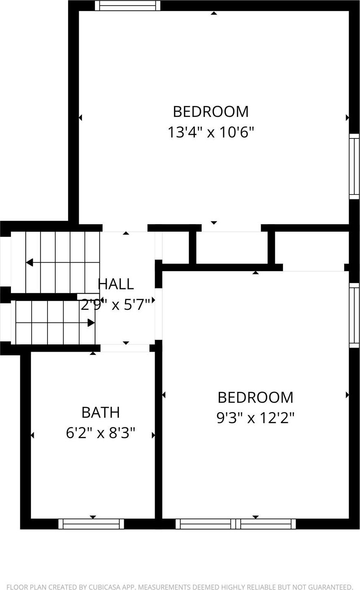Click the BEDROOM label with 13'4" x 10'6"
coord(211,112)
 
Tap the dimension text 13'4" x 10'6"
coord(211,132)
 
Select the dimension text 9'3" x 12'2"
coord(255,418)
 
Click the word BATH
coord(101,413)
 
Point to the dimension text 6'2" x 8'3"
coord(100,433)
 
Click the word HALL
coord(116,284)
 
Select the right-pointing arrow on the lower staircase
coord(91,323)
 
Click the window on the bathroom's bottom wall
coord(91,524)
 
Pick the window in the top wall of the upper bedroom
coord(127,6)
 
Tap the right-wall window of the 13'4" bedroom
coord(354,166)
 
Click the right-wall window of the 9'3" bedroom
coord(354,315)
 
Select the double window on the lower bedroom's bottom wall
coord(236,524)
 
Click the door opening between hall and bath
coord(125,348)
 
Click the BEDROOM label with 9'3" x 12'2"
coord(255,398)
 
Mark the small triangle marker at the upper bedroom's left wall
coord(80,117)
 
